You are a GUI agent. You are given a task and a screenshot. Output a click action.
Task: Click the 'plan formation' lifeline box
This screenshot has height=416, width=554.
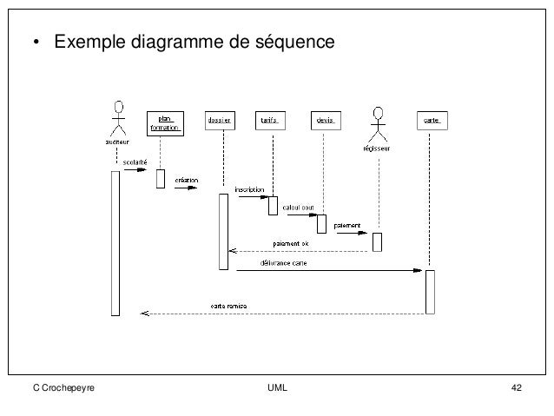165,123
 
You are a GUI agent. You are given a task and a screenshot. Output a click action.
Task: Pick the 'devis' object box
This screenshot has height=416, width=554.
325,120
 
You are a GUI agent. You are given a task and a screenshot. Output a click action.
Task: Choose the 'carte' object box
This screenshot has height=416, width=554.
430,120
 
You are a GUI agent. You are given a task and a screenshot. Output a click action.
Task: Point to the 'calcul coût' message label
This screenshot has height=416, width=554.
297,208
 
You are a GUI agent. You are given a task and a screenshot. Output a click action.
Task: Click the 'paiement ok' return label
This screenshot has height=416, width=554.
291,243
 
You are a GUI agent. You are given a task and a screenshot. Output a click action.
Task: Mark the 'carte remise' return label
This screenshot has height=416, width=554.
230,305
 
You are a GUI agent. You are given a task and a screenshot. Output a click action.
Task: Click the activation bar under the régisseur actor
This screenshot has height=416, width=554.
377,241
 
